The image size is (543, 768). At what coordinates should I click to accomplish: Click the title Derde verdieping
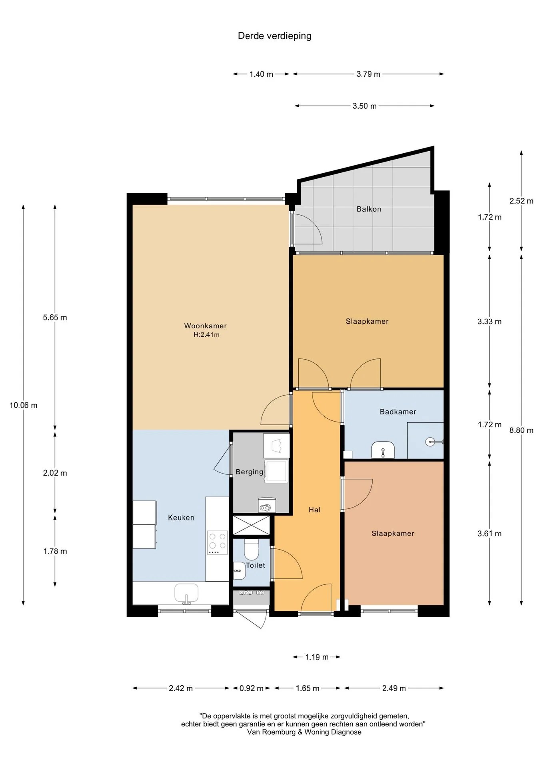pos(274,36)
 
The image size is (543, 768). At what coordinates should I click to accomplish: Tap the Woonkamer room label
pos(206,326)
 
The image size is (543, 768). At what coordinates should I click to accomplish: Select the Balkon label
pos(369,209)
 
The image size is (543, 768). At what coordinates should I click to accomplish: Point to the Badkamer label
pos(398,412)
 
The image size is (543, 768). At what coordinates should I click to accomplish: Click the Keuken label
pos(181,518)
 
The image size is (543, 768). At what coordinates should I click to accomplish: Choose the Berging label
pos(250,472)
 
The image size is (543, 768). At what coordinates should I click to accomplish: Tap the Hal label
pos(315,510)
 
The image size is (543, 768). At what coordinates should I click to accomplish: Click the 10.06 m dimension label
pos(24,405)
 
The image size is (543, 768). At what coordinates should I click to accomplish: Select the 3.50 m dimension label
pos(365,106)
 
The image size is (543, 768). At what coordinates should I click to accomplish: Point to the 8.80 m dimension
pos(521,430)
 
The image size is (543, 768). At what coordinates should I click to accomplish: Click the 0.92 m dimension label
pos(252,688)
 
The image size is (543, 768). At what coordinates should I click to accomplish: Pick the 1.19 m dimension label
pos(317,657)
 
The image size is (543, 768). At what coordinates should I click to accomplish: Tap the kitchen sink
pos(186,593)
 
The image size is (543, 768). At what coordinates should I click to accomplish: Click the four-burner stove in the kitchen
pos(217,542)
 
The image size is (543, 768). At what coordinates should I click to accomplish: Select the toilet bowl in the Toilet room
pos(252,549)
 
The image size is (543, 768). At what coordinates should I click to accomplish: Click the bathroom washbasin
pos(383,450)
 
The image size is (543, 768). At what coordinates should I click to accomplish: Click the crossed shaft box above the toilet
pos(252,525)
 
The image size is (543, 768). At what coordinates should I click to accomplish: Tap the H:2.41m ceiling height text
pos(207,335)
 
